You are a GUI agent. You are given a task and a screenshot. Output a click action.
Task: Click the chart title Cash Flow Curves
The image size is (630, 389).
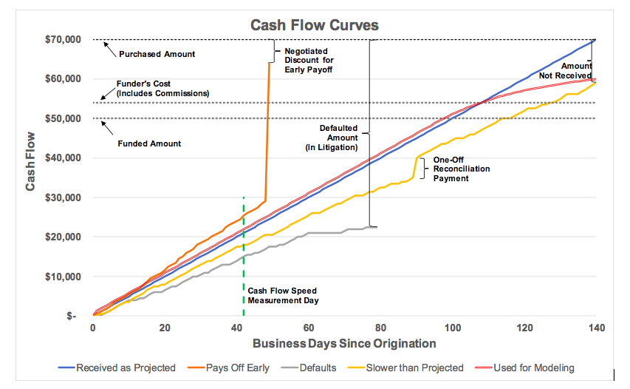click(315, 25)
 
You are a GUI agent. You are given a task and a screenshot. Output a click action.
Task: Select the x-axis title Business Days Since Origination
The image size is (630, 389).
click(344, 343)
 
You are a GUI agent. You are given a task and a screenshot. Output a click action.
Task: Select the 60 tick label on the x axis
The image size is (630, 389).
click(308, 328)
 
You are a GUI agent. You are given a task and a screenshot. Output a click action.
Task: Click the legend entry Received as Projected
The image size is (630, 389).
click(118, 368)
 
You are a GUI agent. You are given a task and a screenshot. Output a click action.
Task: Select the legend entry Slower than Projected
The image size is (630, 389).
click(405, 368)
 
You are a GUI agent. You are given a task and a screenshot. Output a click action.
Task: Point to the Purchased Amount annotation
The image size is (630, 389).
click(156, 54)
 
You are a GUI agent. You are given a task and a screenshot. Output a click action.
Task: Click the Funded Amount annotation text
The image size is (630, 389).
click(149, 143)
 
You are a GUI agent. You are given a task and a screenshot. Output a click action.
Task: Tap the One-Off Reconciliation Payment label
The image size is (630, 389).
click(461, 169)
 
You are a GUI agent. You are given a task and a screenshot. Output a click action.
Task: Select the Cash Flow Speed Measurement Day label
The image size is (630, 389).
click(283, 296)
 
